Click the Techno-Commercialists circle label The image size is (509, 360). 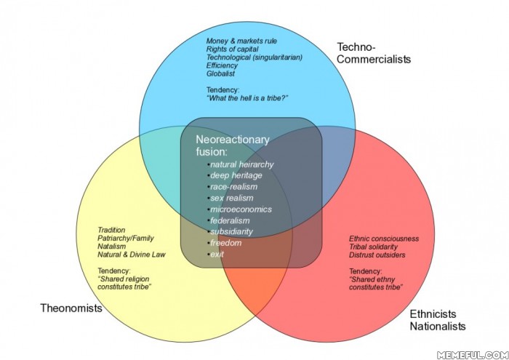pos(374,53)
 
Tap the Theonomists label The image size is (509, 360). pos(71,308)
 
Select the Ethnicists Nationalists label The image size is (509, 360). pos(438,320)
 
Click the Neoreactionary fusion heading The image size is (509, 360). pos(233,145)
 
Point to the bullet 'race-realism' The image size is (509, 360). pos(233,187)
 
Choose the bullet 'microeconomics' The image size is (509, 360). pos(241,209)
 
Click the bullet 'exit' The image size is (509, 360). pos(217,254)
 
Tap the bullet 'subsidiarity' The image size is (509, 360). pos(231,231)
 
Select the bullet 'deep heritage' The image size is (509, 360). pos(236,175)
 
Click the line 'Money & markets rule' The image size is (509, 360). pos(241,41)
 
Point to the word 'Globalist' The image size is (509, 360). pos(220,73)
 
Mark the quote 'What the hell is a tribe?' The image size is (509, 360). pos(247,98)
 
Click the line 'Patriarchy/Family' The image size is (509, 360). pos(126,239)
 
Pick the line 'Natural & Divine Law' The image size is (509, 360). pos(132,255)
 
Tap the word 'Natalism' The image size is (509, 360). pos(112,247)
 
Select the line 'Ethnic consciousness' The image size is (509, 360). pos(384,239)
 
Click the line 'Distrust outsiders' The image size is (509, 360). pos(377,255)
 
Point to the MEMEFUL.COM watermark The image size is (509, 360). pos(473,355)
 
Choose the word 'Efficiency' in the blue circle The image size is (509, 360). pos(222,65)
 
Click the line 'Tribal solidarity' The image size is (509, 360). pos(373,247)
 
